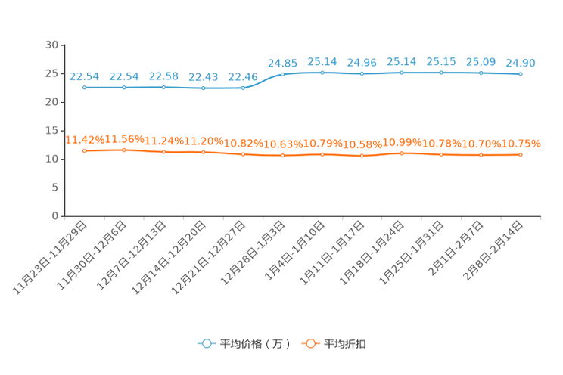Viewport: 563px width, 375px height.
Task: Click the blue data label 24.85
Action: click(282, 64)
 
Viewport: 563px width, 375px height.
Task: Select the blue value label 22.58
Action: click(163, 76)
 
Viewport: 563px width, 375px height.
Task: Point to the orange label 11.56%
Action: click(124, 139)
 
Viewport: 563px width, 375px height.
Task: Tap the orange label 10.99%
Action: click(402, 142)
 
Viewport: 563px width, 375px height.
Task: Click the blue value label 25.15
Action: click(441, 62)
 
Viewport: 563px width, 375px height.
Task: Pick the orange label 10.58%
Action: click(362, 144)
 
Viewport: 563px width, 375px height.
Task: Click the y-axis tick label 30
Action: click(51, 45)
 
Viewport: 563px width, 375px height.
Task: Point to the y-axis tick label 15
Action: click(51, 131)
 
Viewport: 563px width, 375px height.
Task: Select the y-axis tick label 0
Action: click(55, 216)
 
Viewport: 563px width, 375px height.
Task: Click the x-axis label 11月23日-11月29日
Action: click(50, 258)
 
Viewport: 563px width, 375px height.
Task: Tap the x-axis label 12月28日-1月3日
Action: click(253, 253)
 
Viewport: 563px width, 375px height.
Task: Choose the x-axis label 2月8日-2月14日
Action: click(493, 250)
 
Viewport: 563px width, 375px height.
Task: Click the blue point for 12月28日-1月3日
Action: click(282, 74)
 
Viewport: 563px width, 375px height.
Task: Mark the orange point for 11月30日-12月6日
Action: click(124, 150)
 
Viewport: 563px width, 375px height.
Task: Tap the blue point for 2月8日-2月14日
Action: click(521, 74)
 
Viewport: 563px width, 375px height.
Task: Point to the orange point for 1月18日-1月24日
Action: click(402, 153)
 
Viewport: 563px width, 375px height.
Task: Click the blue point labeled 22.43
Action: click(204, 88)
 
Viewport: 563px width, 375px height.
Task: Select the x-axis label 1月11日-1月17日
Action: click(332, 253)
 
